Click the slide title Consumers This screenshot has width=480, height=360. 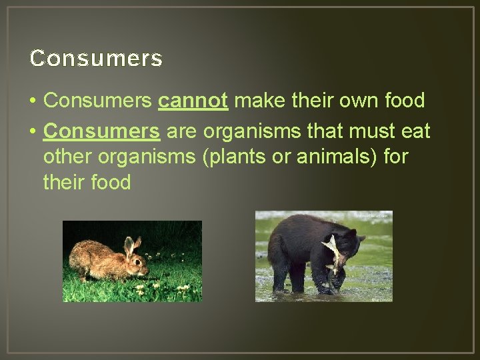(x=96, y=59)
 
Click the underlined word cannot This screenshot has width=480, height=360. (x=193, y=101)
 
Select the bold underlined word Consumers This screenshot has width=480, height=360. (x=101, y=131)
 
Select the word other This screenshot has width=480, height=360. (x=67, y=157)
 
